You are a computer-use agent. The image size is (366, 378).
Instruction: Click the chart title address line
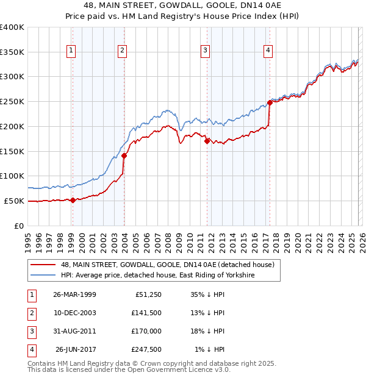182,5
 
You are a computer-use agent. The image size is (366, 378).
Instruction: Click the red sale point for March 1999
73,200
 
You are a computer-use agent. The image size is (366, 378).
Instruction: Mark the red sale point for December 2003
124,155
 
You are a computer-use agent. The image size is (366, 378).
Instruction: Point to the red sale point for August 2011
207,141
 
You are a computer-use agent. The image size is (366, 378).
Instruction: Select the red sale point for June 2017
270,102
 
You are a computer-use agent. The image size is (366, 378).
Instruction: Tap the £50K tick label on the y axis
14,201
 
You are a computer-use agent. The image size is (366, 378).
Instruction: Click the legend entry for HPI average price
157,276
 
